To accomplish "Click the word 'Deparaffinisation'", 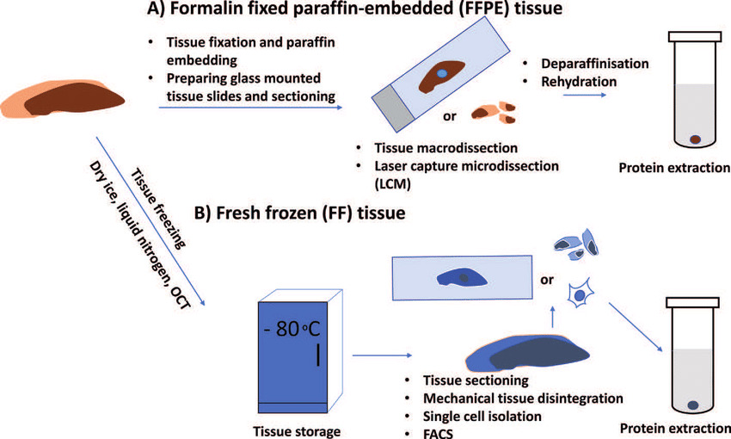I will (594, 65).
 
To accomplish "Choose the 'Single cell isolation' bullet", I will (482, 416).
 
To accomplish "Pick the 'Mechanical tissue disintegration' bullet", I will (523, 399).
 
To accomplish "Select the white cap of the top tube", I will (695, 39).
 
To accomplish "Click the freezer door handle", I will (318, 355).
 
